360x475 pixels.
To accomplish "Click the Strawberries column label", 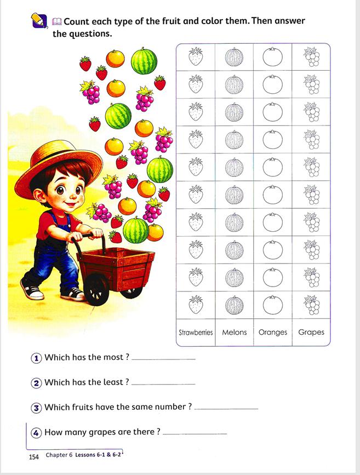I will tap(196, 333).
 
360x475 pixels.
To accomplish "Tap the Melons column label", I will tap(235, 332).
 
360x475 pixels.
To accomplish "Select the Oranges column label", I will tap(272, 332).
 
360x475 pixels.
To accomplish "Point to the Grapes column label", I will tap(311, 332).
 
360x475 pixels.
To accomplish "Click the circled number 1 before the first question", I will tap(36, 358).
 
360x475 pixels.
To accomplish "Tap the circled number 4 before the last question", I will tap(36, 432).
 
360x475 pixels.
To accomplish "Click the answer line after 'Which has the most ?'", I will tap(164, 359).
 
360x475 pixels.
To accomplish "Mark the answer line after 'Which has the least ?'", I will tap(163, 384).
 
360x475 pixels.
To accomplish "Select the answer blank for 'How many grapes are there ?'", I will tap(195, 433).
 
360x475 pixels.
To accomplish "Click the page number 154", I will tap(33, 456).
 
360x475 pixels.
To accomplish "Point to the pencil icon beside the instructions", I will tap(39, 21).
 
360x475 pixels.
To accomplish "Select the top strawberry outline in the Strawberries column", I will tap(196, 56).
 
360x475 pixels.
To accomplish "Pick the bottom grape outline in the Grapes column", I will tap(311, 305).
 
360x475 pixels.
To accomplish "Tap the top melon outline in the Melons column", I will tap(234, 57).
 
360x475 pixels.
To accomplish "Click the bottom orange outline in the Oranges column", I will tap(272, 305).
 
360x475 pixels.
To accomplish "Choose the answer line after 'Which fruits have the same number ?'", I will tap(226, 408).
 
